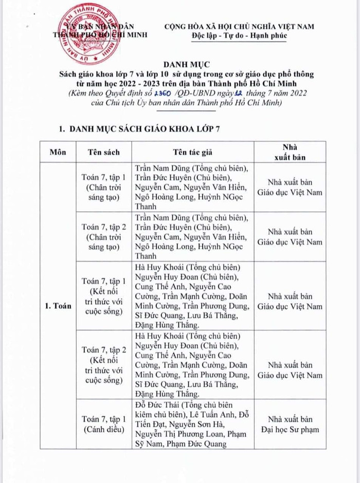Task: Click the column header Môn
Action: (58, 152)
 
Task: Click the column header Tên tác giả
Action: (192, 152)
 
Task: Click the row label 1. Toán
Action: (57, 306)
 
